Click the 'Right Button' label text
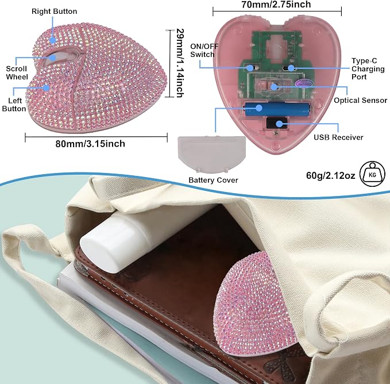pos(54,11)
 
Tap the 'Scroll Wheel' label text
pos(17,72)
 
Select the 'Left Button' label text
pos(14,105)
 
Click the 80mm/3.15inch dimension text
pos(90,144)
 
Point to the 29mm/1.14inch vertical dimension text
pos(180,63)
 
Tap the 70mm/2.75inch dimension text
pos(276,4)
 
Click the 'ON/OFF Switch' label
pos(204,50)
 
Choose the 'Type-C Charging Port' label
pos(368,68)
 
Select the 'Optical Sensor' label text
pos(360,100)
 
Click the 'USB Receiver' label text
pos(338,137)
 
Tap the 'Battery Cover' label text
pos(213,180)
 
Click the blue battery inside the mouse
pos(277,109)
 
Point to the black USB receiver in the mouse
pos(276,122)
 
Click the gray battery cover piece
pos(212,154)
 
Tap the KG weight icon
pos(372,174)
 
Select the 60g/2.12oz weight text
pos(331,175)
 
